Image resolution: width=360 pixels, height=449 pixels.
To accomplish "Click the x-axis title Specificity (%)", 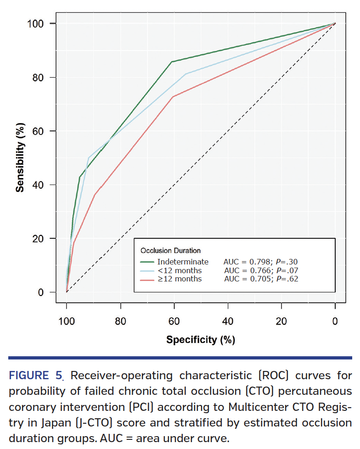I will (x=201, y=340).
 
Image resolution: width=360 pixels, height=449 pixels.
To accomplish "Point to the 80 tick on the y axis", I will (x=40, y=77).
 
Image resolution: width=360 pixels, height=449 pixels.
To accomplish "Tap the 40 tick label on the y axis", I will (x=40, y=185).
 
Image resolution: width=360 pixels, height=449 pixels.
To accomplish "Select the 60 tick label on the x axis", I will (x=174, y=322).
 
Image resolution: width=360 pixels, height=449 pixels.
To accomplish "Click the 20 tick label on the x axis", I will (x=281, y=322).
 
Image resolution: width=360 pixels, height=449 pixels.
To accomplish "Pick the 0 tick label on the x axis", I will (x=335, y=322).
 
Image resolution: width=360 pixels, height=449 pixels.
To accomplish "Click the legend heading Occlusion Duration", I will (x=170, y=251).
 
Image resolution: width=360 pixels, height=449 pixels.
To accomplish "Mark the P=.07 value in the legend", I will (x=286, y=270).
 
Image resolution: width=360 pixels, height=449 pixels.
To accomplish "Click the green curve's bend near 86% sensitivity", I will (x=171, y=62).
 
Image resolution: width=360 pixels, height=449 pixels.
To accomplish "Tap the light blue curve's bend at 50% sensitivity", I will (x=89, y=157).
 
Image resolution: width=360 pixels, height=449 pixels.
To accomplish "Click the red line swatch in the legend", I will (x=149, y=278).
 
